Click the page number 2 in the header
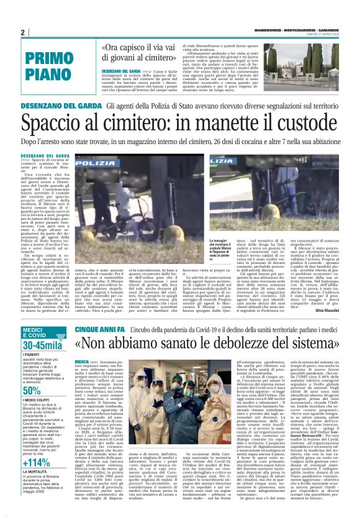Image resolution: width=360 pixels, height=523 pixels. click(22, 32)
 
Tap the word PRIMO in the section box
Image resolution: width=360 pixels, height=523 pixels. click(54, 59)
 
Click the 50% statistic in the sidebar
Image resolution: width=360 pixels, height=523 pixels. click(32, 391)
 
